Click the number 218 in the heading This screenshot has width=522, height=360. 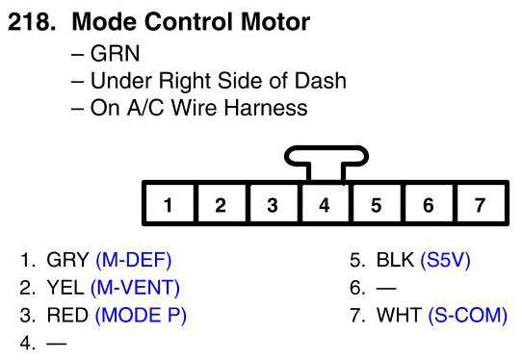tap(32, 21)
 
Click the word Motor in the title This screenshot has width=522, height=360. tap(275, 21)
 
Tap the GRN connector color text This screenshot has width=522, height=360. tap(115, 53)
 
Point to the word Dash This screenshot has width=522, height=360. tap(321, 81)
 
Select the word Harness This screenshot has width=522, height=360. tap(266, 108)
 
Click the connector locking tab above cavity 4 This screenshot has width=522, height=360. tap(326, 156)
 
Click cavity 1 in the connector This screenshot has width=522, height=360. tap(169, 204)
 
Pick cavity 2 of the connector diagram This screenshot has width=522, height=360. tap(221, 204)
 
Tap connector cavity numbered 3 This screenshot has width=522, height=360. tap(273, 204)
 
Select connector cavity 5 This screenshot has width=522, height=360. tap(377, 204)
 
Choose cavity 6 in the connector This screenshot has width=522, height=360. tap(429, 204)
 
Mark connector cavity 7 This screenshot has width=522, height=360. tap(481, 204)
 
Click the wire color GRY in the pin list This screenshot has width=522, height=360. tap(67, 260)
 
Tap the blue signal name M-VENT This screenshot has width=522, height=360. tap(135, 288)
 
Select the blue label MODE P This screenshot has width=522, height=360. tap(141, 316)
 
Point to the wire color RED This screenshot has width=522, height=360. tap(67, 316)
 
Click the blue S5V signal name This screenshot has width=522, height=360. tap(445, 260)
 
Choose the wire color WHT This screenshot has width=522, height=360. tap(399, 316)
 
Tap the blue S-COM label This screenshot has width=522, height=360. tap(468, 316)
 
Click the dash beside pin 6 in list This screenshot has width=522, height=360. tap(386, 288)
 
